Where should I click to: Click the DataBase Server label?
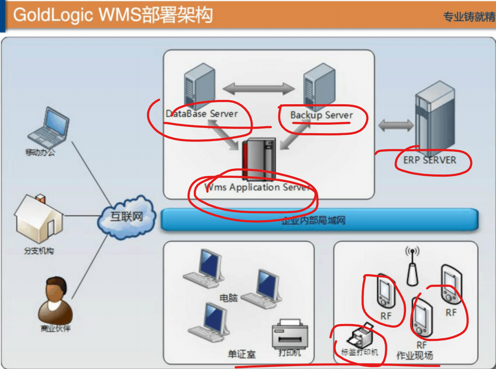coord(202,114)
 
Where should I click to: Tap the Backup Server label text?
coord(322,115)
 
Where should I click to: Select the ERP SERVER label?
coord(430,160)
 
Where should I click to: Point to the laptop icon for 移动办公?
coord(49,128)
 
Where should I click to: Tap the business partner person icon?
coord(56,300)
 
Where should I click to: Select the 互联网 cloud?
coord(127,217)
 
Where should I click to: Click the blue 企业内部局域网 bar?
coord(319,220)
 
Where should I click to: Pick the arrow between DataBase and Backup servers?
coord(259,89)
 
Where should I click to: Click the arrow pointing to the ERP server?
coord(396,125)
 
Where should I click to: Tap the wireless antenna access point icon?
coord(413,267)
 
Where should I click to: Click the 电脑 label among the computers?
coord(229,298)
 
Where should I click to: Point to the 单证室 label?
coord(242,354)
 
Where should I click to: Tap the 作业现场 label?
coord(415,355)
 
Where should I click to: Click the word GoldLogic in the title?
coord(53,15)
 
